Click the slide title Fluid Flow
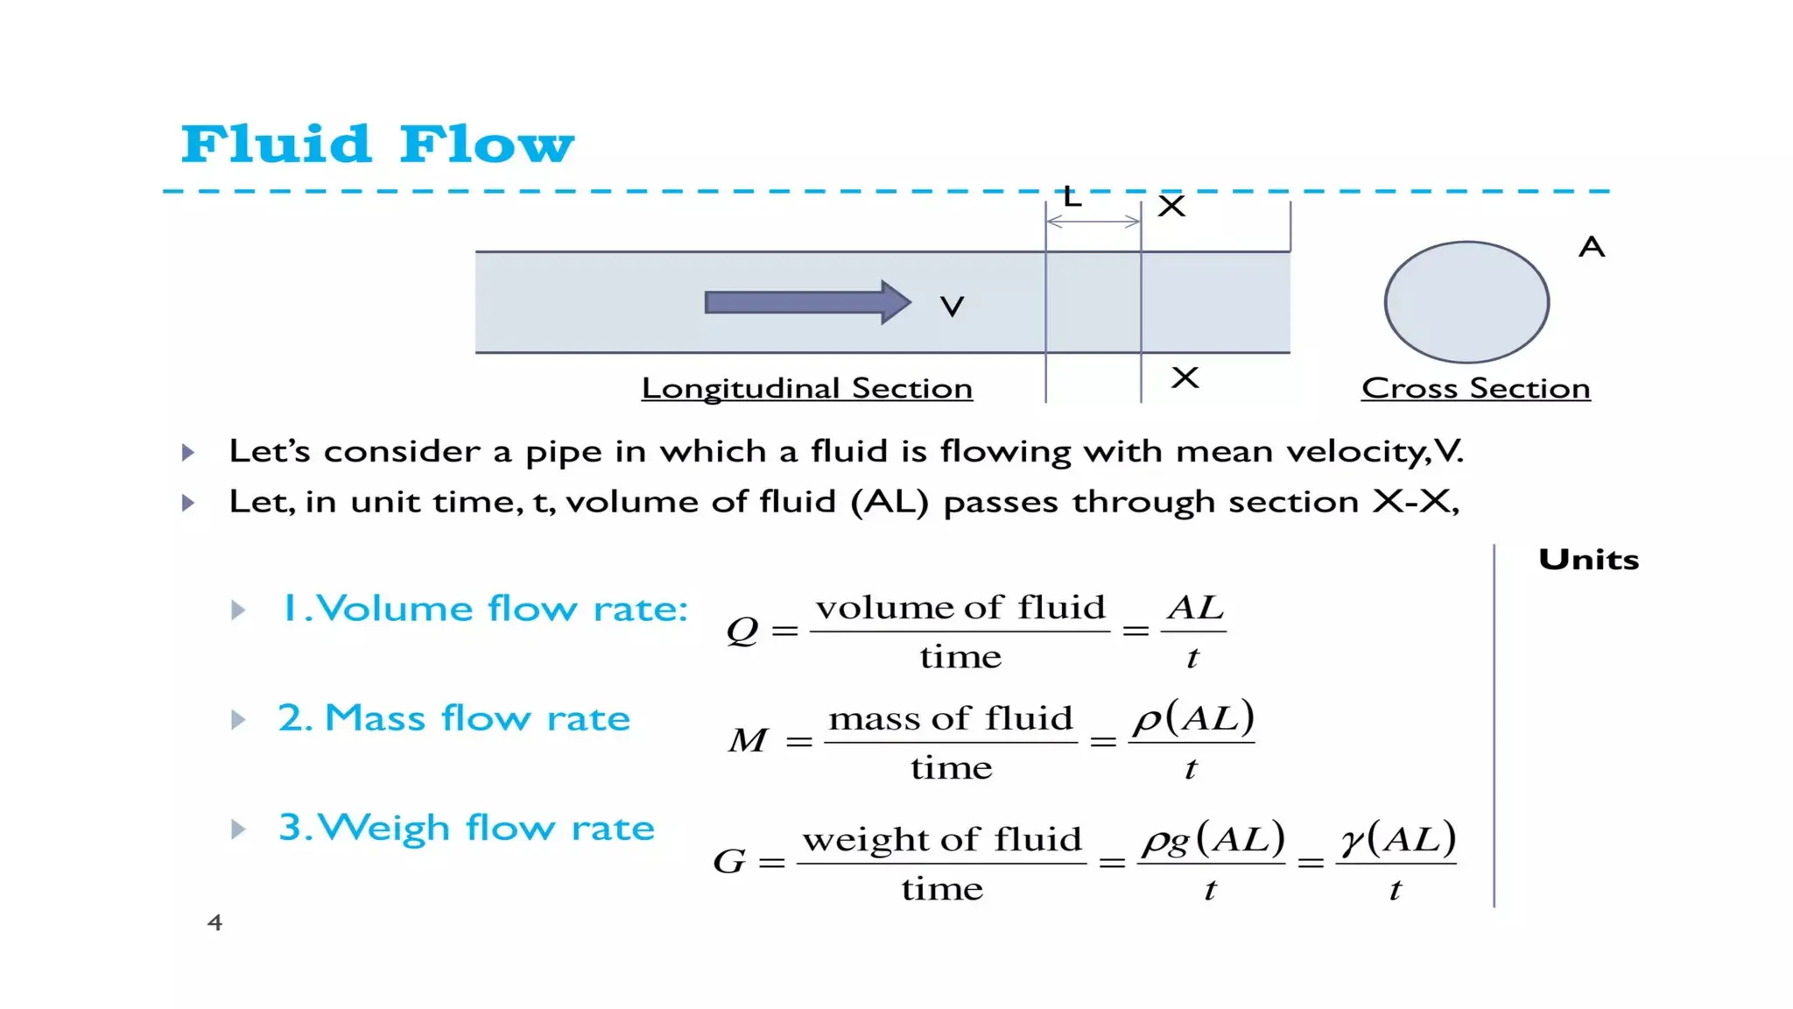click(x=377, y=145)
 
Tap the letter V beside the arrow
click(x=952, y=307)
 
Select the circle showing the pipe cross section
click(x=1466, y=302)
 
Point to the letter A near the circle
click(x=1592, y=247)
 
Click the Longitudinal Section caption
click(x=806, y=388)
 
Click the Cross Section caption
click(x=1475, y=388)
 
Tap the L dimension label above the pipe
click(x=1072, y=197)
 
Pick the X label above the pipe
click(x=1171, y=207)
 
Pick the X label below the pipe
click(x=1185, y=377)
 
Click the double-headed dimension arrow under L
click(x=1093, y=222)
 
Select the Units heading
click(x=1588, y=560)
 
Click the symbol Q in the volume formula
click(x=742, y=630)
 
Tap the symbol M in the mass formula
click(x=748, y=741)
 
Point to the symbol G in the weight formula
click(x=729, y=862)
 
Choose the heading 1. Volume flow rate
click(x=484, y=609)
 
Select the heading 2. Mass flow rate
click(x=454, y=718)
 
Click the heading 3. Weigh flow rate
click(x=466, y=828)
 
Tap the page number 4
click(x=214, y=922)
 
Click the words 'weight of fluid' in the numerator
click(x=942, y=840)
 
